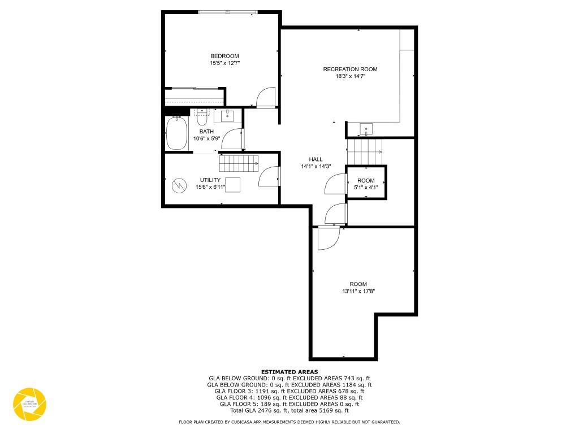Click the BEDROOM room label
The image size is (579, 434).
(x=224, y=56)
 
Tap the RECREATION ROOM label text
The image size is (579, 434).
(x=350, y=70)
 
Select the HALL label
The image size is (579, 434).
(x=316, y=159)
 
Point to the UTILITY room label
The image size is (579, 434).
(x=210, y=180)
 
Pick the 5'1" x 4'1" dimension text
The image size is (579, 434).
(x=366, y=188)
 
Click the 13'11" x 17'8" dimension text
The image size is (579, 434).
(x=358, y=292)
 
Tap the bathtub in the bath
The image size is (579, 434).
(x=177, y=133)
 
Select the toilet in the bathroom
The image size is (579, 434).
(x=202, y=119)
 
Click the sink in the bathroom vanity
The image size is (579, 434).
(x=227, y=116)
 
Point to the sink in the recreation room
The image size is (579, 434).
(x=366, y=129)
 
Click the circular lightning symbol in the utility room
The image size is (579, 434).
(x=179, y=185)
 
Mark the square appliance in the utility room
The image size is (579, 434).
(x=232, y=186)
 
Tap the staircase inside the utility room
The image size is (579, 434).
(x=239, y=164)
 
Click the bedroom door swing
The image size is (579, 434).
(x=265, y=97)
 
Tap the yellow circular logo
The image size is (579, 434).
(x=29, y=404)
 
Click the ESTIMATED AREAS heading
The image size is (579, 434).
(x=289, y=372)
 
